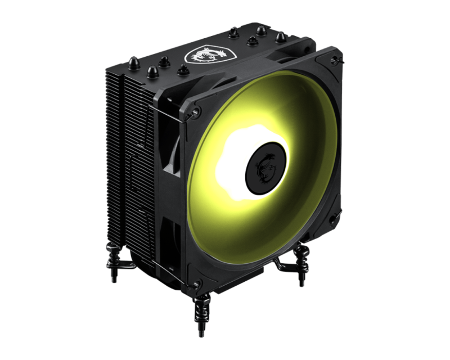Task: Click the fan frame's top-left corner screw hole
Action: tap(195, 112)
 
